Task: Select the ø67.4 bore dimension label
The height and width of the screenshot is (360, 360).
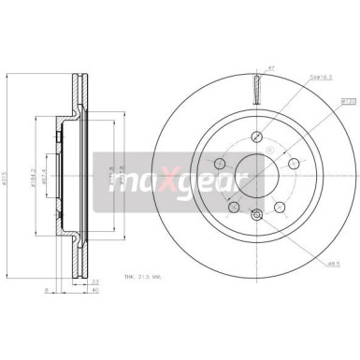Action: pos(51,151)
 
